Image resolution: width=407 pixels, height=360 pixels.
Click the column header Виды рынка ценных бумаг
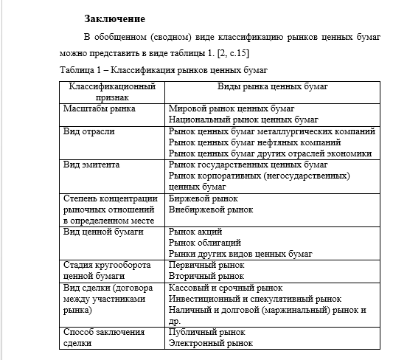coord(273,86)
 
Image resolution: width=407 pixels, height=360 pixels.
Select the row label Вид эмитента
coord(91,165)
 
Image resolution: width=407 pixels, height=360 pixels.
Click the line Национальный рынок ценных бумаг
coord(238,119)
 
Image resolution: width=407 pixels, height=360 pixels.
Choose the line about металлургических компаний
coord(272,131)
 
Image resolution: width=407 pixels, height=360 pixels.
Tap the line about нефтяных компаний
coord(254,142)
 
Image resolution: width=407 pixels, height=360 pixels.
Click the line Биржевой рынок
coord(204,198)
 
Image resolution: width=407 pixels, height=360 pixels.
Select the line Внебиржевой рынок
coord(211,210)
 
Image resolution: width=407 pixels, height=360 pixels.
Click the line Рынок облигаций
coord(204,243)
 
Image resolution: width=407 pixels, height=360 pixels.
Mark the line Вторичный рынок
coord(206,276)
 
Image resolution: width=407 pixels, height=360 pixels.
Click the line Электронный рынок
coord(211,343)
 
